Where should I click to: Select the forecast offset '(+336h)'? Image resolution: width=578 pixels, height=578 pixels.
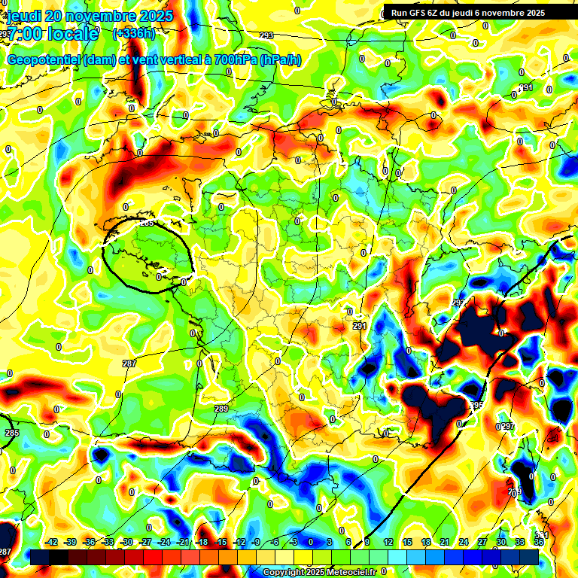pyautogui.click(x=135, y=33)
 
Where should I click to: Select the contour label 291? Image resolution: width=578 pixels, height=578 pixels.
pyautogui.click(x=360, y=326)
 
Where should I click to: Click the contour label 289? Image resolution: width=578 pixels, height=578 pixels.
pyautogui.click(x=221, y=409)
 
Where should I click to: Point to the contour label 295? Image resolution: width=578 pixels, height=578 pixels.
pyautogui.click(x=476, y=406)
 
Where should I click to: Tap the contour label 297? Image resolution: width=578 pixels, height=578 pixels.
pyautogui.click(x=508, y=427)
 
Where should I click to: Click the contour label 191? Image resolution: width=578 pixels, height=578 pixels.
pyautogui.click(x=526, y=88)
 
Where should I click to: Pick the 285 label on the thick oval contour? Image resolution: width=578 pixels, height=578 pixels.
pyautogui.click(x=147, y=224)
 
